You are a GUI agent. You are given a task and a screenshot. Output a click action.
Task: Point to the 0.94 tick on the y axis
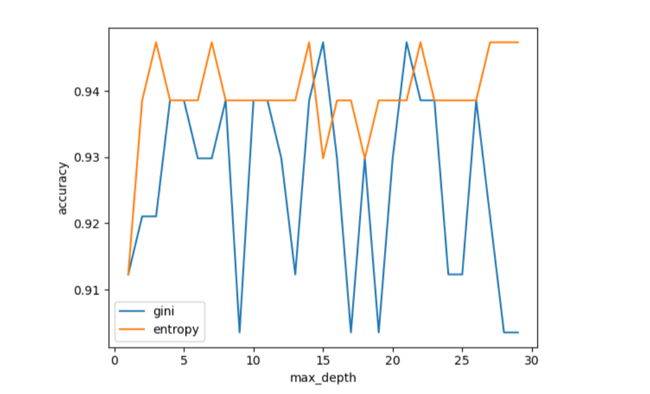click(88, 91)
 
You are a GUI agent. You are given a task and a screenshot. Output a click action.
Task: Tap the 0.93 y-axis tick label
click(88, 157)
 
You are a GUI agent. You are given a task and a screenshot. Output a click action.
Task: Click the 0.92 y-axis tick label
click(88, 224)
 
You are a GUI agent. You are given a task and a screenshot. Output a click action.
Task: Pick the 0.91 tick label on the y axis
click(88, 290)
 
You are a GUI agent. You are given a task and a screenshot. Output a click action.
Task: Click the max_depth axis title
click(322, 377)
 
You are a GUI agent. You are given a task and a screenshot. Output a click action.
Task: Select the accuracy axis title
click(64, 188)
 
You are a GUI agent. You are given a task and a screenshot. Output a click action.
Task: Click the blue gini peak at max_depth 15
click(323, 42)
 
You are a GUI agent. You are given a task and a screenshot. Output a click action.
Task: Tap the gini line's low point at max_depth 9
click(239, 332)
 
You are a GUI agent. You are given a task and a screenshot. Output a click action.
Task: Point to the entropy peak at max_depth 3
click(156, 42)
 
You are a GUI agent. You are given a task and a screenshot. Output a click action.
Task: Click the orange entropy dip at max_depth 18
click(365, 157)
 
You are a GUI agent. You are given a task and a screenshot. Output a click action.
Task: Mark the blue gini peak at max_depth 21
click(406, 42)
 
